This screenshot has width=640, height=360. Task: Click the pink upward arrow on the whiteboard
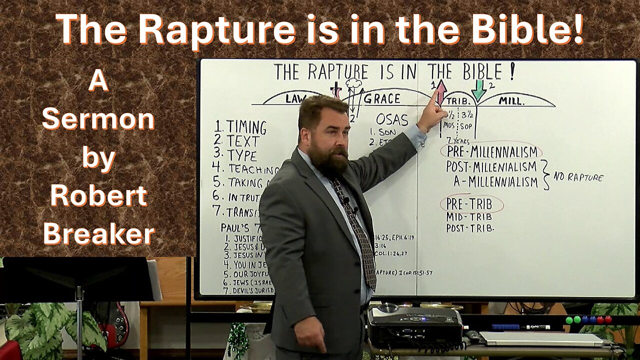click(x=440, y=91)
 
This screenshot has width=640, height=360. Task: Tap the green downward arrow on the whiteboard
click(x=478, y=90)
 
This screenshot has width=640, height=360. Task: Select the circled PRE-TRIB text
click(x=470, y=204)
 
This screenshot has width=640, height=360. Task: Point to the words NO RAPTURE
click(x=578, y=177)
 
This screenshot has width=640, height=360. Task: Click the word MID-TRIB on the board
click(x=469, y=217)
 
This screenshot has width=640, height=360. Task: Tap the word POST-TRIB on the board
click(x=470, y=228)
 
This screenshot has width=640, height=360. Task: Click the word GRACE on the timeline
click(x=381, y=98)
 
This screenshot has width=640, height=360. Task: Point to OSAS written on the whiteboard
click(x=392, y=120)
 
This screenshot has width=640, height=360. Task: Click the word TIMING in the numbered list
click(x=246, y=127)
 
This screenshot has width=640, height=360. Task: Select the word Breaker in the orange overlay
click(x=98, y=233)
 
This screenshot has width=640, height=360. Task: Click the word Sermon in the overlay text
click(x=98, y=120)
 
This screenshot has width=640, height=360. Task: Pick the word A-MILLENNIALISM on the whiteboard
click(x=495, y=182)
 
